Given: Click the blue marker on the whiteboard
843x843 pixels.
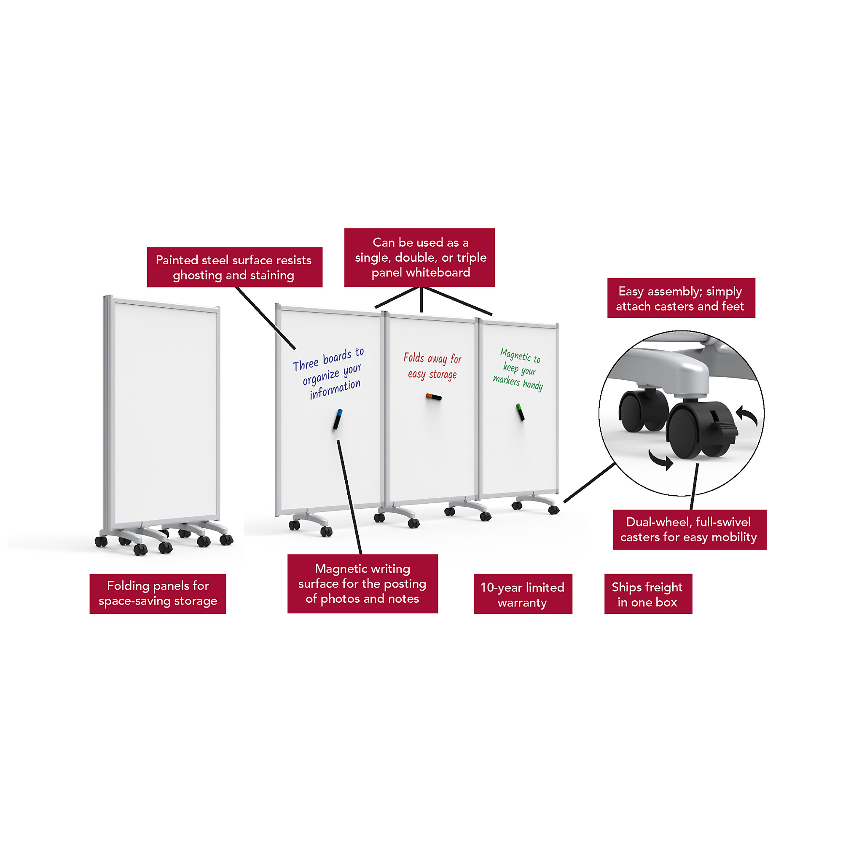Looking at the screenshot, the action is coord(338,419).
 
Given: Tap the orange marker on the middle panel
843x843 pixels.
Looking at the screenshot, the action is coord(434,397).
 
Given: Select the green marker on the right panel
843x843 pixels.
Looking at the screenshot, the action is coord(520,412).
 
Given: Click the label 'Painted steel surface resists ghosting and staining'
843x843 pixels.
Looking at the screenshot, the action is coord(235,267).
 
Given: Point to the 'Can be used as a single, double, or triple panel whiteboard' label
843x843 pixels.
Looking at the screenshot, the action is coord(419,258).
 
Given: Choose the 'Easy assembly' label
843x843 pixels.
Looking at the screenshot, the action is coord(681,298).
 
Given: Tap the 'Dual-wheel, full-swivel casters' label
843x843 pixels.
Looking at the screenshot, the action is coord(690,529).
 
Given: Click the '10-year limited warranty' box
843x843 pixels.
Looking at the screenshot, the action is coord(523,594).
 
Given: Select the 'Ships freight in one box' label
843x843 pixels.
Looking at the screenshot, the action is coord(648,594).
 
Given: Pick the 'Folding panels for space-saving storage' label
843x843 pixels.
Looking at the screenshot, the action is coord(158,594).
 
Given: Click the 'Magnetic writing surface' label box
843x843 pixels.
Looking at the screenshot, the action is coord(362,584).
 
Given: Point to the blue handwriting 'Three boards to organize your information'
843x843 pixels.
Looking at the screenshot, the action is coord(328,373).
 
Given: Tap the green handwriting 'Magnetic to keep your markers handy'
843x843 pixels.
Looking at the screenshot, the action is coord(518,370).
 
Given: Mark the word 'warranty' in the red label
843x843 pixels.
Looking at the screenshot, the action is coord(522,603).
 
